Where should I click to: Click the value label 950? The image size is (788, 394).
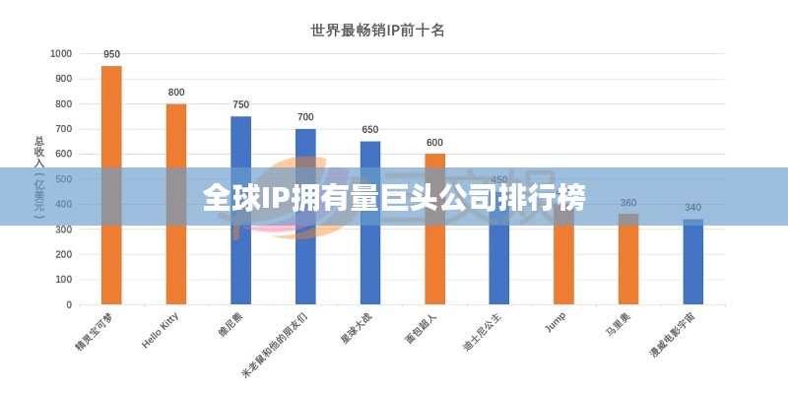point(111,54)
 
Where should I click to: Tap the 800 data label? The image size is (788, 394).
point(176,93)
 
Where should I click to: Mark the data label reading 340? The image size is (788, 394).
point(693,208)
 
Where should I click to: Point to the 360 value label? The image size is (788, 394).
point(628,203)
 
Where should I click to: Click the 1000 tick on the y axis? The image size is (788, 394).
point(60,53)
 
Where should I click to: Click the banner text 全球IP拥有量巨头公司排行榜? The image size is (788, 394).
point(394,198)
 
